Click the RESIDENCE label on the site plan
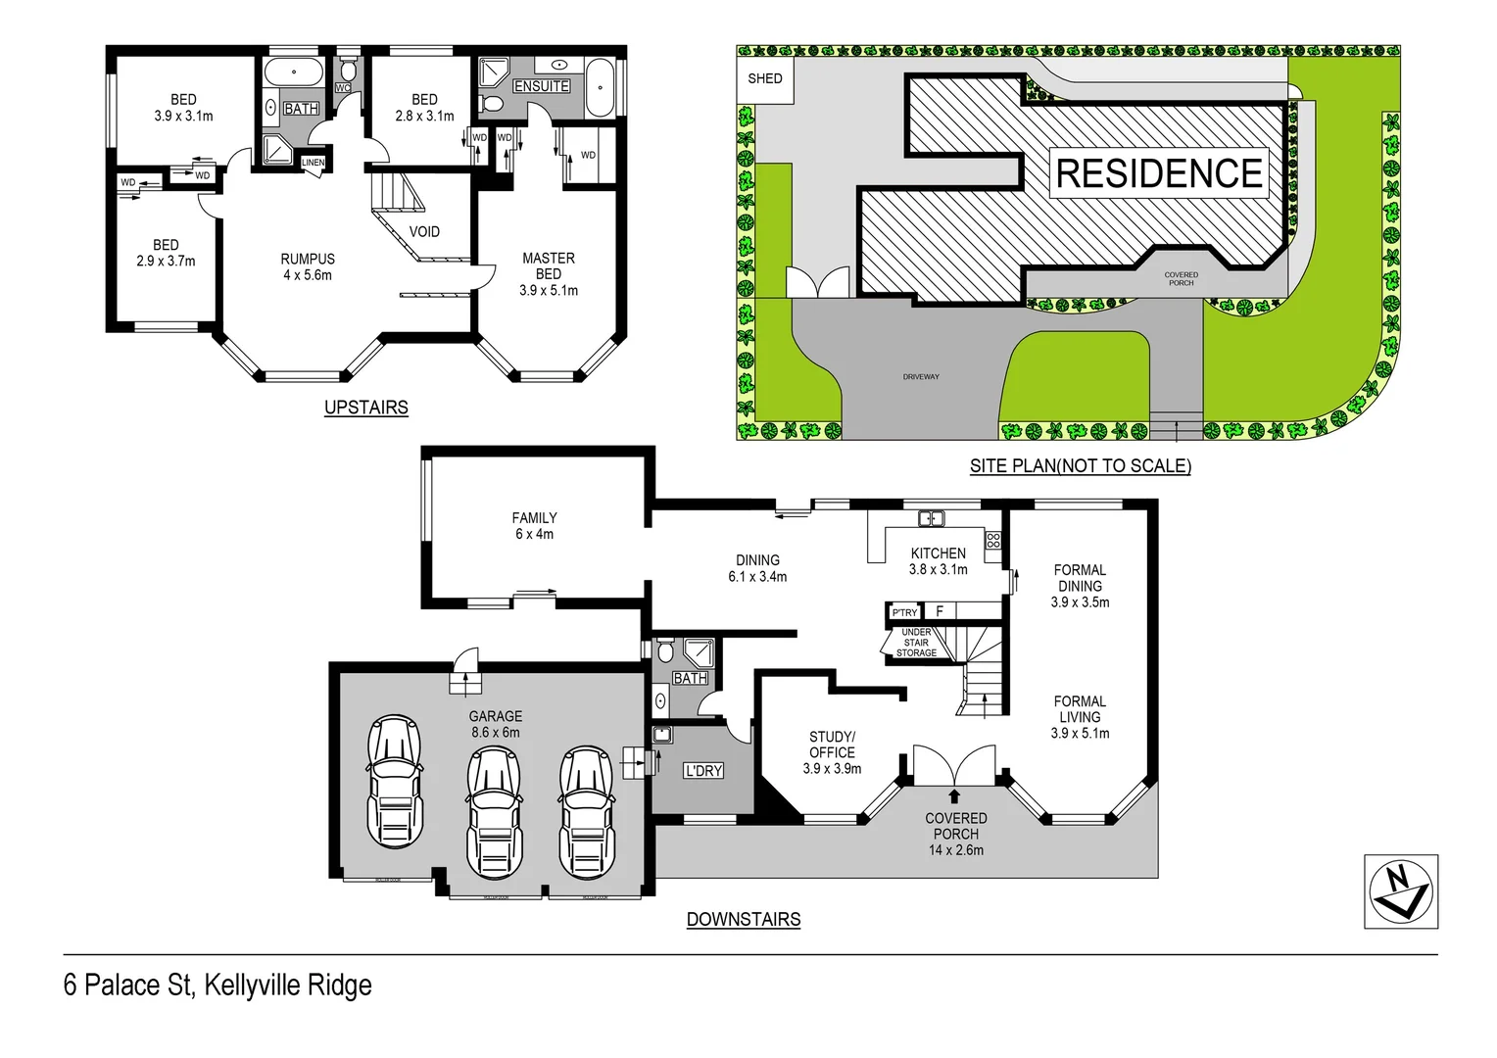click(1159, 173)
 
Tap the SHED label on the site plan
click(765, 78)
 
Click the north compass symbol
click(1401, 891)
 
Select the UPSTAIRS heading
click(365, 408)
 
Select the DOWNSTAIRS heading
click(744, 920)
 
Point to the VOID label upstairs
click(424, 232)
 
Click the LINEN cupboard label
click(313, 163)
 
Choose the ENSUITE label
click(542, 86)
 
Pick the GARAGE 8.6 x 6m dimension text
click(495, 733)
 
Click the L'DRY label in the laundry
click(703, 771)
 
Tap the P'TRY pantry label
click(904, 612)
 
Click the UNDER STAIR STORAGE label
click(916, 643)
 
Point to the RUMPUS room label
click(308, 260)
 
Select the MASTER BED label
click(549, 266)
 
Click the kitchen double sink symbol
click(931, 518)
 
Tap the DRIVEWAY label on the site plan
click(921, 376)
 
